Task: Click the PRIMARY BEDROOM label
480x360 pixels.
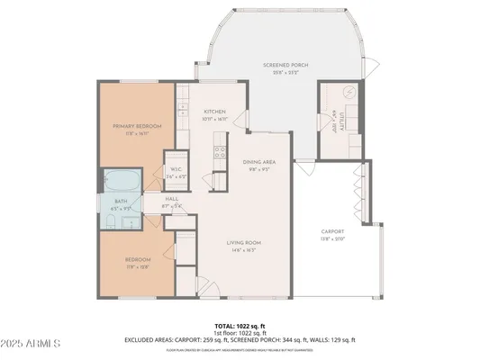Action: click(x=137, y=127)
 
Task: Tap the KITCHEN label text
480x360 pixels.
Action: click(x=213, y=112)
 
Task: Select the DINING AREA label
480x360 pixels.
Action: click(x=258, y=161)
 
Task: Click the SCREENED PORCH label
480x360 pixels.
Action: click(x=286, y=66)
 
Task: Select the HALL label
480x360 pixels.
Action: click(x=170, y=200)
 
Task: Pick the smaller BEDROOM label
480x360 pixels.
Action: click(x=137, y=260)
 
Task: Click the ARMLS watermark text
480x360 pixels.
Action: click(x=32, y=343)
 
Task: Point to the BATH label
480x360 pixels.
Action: click(x=120, y=201)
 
